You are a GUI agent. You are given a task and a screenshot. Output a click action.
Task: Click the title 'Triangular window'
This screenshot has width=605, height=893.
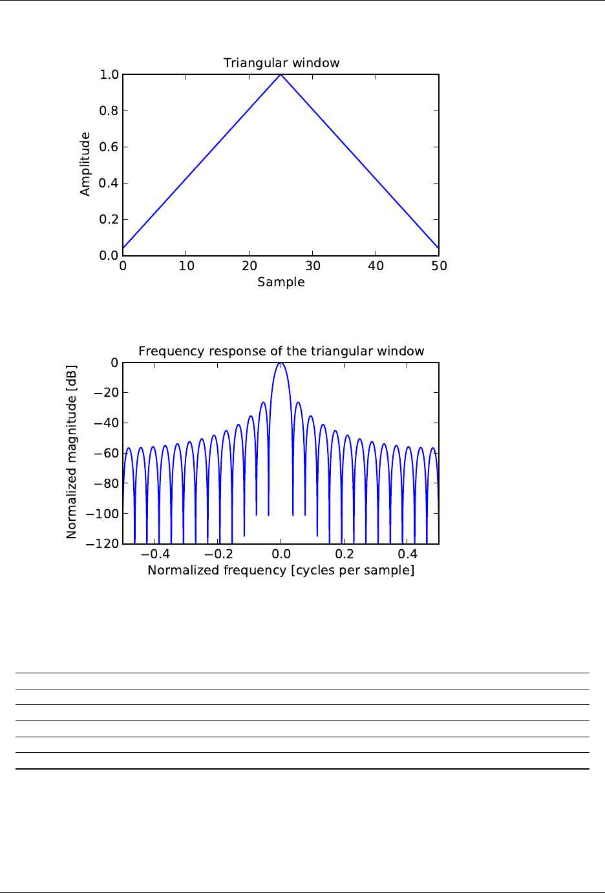[x=281, y=63]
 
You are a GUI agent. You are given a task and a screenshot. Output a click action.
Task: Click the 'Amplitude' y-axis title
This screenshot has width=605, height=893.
[x=85, y=164]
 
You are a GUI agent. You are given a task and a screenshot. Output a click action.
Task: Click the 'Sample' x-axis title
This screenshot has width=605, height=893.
[x=281, y=282]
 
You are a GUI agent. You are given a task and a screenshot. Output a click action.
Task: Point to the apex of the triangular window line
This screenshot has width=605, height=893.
[x=281, y=75]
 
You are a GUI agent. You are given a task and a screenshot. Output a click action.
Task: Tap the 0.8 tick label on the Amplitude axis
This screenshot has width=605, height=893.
[x=109, y=111]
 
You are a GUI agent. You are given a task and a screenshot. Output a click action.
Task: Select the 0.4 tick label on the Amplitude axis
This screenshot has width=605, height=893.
[x=109, y=184]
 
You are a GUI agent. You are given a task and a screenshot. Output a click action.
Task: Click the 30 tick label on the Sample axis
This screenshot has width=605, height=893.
[x=313, y=266]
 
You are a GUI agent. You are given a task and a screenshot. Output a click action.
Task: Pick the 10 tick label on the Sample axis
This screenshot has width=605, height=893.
[x=186, y=266]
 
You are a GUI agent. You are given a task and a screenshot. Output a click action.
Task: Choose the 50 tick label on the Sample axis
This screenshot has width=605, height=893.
[x=440, y=266]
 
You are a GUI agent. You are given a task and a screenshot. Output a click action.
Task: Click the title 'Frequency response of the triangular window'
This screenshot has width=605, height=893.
[x=281, y=352]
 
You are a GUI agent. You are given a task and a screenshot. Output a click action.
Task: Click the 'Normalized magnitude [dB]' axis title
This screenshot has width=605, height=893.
[x=72, y=452]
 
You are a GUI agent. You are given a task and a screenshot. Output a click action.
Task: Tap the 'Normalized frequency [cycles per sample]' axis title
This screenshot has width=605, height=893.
[x=281, y=571]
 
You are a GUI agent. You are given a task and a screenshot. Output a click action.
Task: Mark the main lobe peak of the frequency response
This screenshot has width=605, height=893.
[x=281, y=363]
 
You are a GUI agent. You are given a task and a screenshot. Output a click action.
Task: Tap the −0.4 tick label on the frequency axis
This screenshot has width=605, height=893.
[x=155, y=554]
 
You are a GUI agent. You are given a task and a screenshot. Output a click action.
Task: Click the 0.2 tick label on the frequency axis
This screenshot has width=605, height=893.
[x=345, y=554]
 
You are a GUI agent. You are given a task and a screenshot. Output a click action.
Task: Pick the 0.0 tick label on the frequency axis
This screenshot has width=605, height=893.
[x=281, y=554]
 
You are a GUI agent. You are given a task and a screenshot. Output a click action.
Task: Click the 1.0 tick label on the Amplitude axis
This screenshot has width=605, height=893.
[x=109, y=75]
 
